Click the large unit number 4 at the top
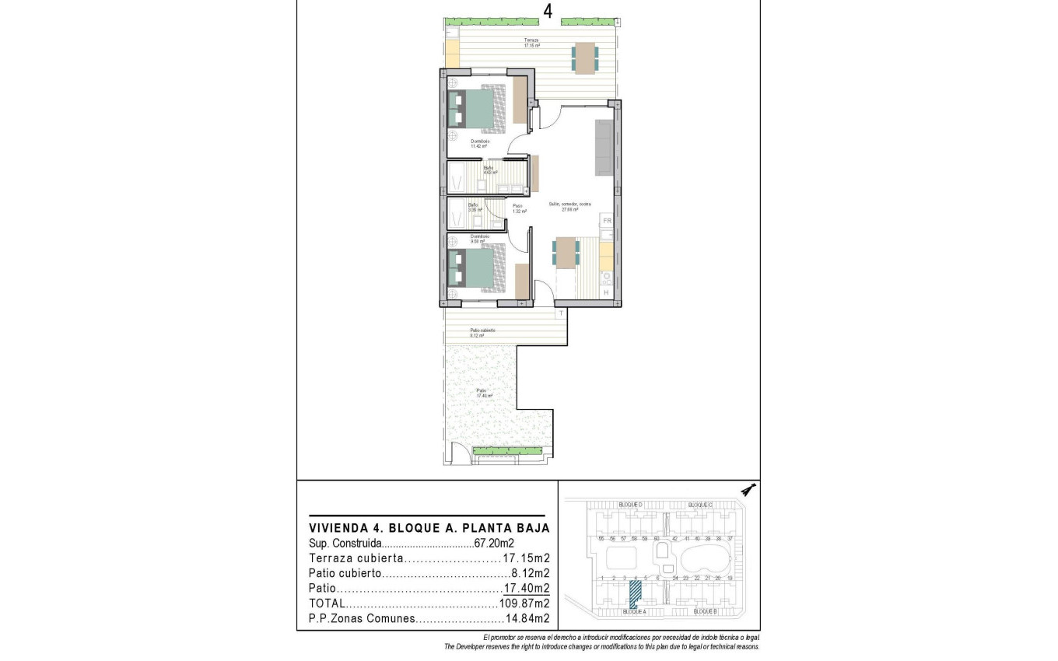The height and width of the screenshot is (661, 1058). [x=548, y=11]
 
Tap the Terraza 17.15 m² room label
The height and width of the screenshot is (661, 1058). [x=531, y=43]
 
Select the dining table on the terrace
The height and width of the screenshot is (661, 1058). [x=585, y=58]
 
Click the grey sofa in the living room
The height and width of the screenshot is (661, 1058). [x=604, y=147]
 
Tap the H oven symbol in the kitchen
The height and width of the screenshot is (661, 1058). [x=607, y=292]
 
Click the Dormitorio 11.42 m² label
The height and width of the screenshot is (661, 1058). [x=478, y=143]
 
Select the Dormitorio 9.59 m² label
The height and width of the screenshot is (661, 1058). [x=479, y=239]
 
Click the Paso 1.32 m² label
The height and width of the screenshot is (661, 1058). [x=518, y=208]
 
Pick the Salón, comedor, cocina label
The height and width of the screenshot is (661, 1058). [x=564, y=207]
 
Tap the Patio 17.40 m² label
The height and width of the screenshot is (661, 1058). [x=485, y=393]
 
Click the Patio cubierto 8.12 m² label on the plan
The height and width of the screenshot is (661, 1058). [x=482, y=332]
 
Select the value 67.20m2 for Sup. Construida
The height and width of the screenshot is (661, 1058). [x=494, y=544]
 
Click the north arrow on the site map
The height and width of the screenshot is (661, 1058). [x=748, y=489]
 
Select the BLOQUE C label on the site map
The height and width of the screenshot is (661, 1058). [x=700, y=505]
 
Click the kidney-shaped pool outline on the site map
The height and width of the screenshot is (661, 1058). [x=706, y=558]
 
